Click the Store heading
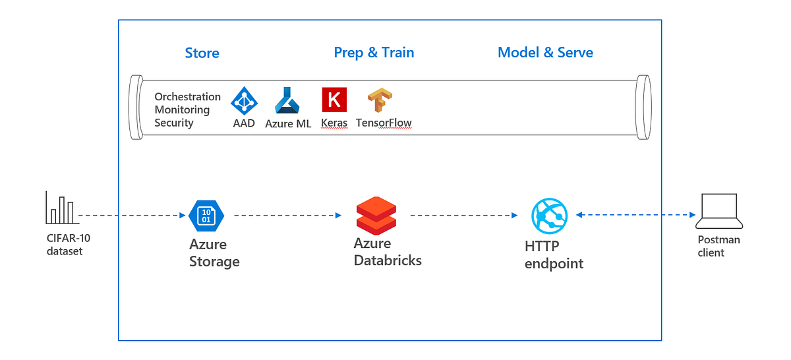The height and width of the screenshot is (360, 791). click(x=202, y=53)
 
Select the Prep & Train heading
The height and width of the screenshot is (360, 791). click(x=374, y=53)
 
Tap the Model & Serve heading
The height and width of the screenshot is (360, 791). click(x=545, y=53)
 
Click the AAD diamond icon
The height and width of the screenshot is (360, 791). click(x=244, y=101)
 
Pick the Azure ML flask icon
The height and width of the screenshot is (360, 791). click(x=287, y=100)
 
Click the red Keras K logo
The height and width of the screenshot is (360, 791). click(x=334, y=100)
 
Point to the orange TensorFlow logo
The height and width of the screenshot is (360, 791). click(x=380, y=100)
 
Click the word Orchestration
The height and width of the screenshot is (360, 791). click(x=187, y=96)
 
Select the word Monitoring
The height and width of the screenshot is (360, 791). click(x=182, y=109)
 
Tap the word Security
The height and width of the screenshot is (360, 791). click(x=174, y=123)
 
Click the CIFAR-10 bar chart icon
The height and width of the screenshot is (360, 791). click(x=62, y=208)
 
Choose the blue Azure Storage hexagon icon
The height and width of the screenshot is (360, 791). click(x=206, y=216)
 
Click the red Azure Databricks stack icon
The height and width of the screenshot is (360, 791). click(x=376, y=216)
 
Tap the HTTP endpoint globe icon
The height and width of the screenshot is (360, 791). click(x=550, y=216)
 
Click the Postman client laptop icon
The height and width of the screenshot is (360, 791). click(x=719, y=211)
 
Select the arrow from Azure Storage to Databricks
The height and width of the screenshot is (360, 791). click(x=288, y=215)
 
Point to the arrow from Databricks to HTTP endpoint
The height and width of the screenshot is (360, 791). click(x=464, y=215)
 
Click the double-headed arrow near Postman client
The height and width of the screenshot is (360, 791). click(x=635, y=214)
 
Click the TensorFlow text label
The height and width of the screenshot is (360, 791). click(x=384, y=123)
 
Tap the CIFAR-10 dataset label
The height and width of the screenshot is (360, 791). click(x=68, y=245)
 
